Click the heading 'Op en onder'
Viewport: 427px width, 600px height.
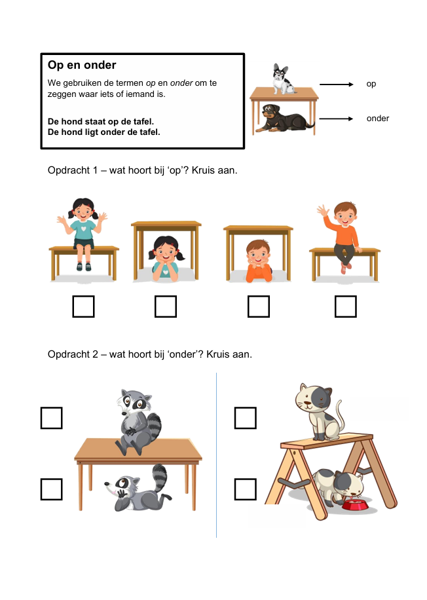[82, 65]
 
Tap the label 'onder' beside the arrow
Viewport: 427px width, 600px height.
[378, 119]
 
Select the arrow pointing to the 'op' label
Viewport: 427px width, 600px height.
[337, 84]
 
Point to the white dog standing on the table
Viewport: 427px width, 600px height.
[283, 79]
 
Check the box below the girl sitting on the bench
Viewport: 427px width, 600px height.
[83, 307]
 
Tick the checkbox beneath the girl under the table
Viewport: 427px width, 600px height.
[166, 307]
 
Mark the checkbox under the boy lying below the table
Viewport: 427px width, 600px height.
[259, 307]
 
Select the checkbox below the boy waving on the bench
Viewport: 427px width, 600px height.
[346, 307]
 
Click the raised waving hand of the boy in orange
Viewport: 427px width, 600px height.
[323, 210]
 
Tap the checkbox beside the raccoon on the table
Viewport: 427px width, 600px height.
[51, 418]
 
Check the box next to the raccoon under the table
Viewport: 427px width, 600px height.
[51, 489]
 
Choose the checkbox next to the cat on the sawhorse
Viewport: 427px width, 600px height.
[245, 418]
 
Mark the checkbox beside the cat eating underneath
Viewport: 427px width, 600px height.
[245, 489]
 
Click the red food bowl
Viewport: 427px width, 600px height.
[355, 504]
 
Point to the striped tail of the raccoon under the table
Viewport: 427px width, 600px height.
[160, 478]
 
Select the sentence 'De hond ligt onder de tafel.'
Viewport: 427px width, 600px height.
[103, 132]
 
